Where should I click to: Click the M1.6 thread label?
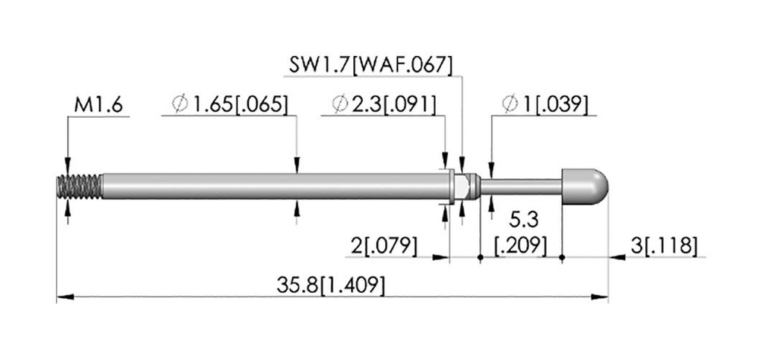point(98,105)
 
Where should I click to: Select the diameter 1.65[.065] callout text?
point(229,105)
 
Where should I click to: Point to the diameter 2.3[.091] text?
point(384,105)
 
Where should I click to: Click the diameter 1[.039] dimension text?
point(545,105)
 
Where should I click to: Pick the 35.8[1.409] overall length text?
point(330,285)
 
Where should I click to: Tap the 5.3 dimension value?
point(524,221)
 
